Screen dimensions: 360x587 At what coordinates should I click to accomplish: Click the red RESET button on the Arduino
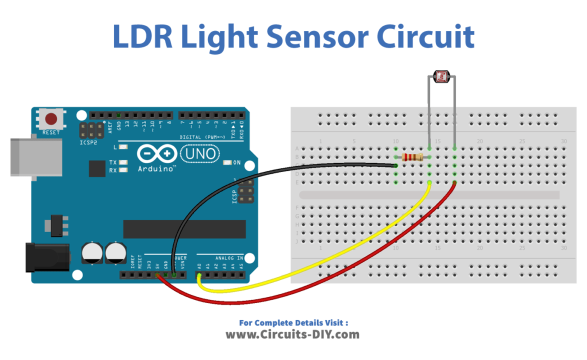click(x=51, y=119)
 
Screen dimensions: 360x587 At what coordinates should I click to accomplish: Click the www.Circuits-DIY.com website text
click(x=292, y=334)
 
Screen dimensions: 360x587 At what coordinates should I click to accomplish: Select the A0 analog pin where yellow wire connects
click(x=199, y=274)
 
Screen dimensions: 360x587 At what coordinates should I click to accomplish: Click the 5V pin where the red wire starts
click(x=157, y=274)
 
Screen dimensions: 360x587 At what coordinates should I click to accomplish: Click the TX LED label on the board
click(x=113, y=162)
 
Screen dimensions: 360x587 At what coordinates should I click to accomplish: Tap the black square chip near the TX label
click(x=97, y=168)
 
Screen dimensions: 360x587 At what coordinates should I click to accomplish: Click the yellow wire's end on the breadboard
click(x=429, y=183)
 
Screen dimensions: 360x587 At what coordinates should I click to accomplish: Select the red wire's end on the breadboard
click(x=454, y=183)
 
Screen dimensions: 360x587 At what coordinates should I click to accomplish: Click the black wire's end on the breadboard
click(x=395, y=165)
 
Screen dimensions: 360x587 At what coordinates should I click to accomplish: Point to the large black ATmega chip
click(x=184, y=229)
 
